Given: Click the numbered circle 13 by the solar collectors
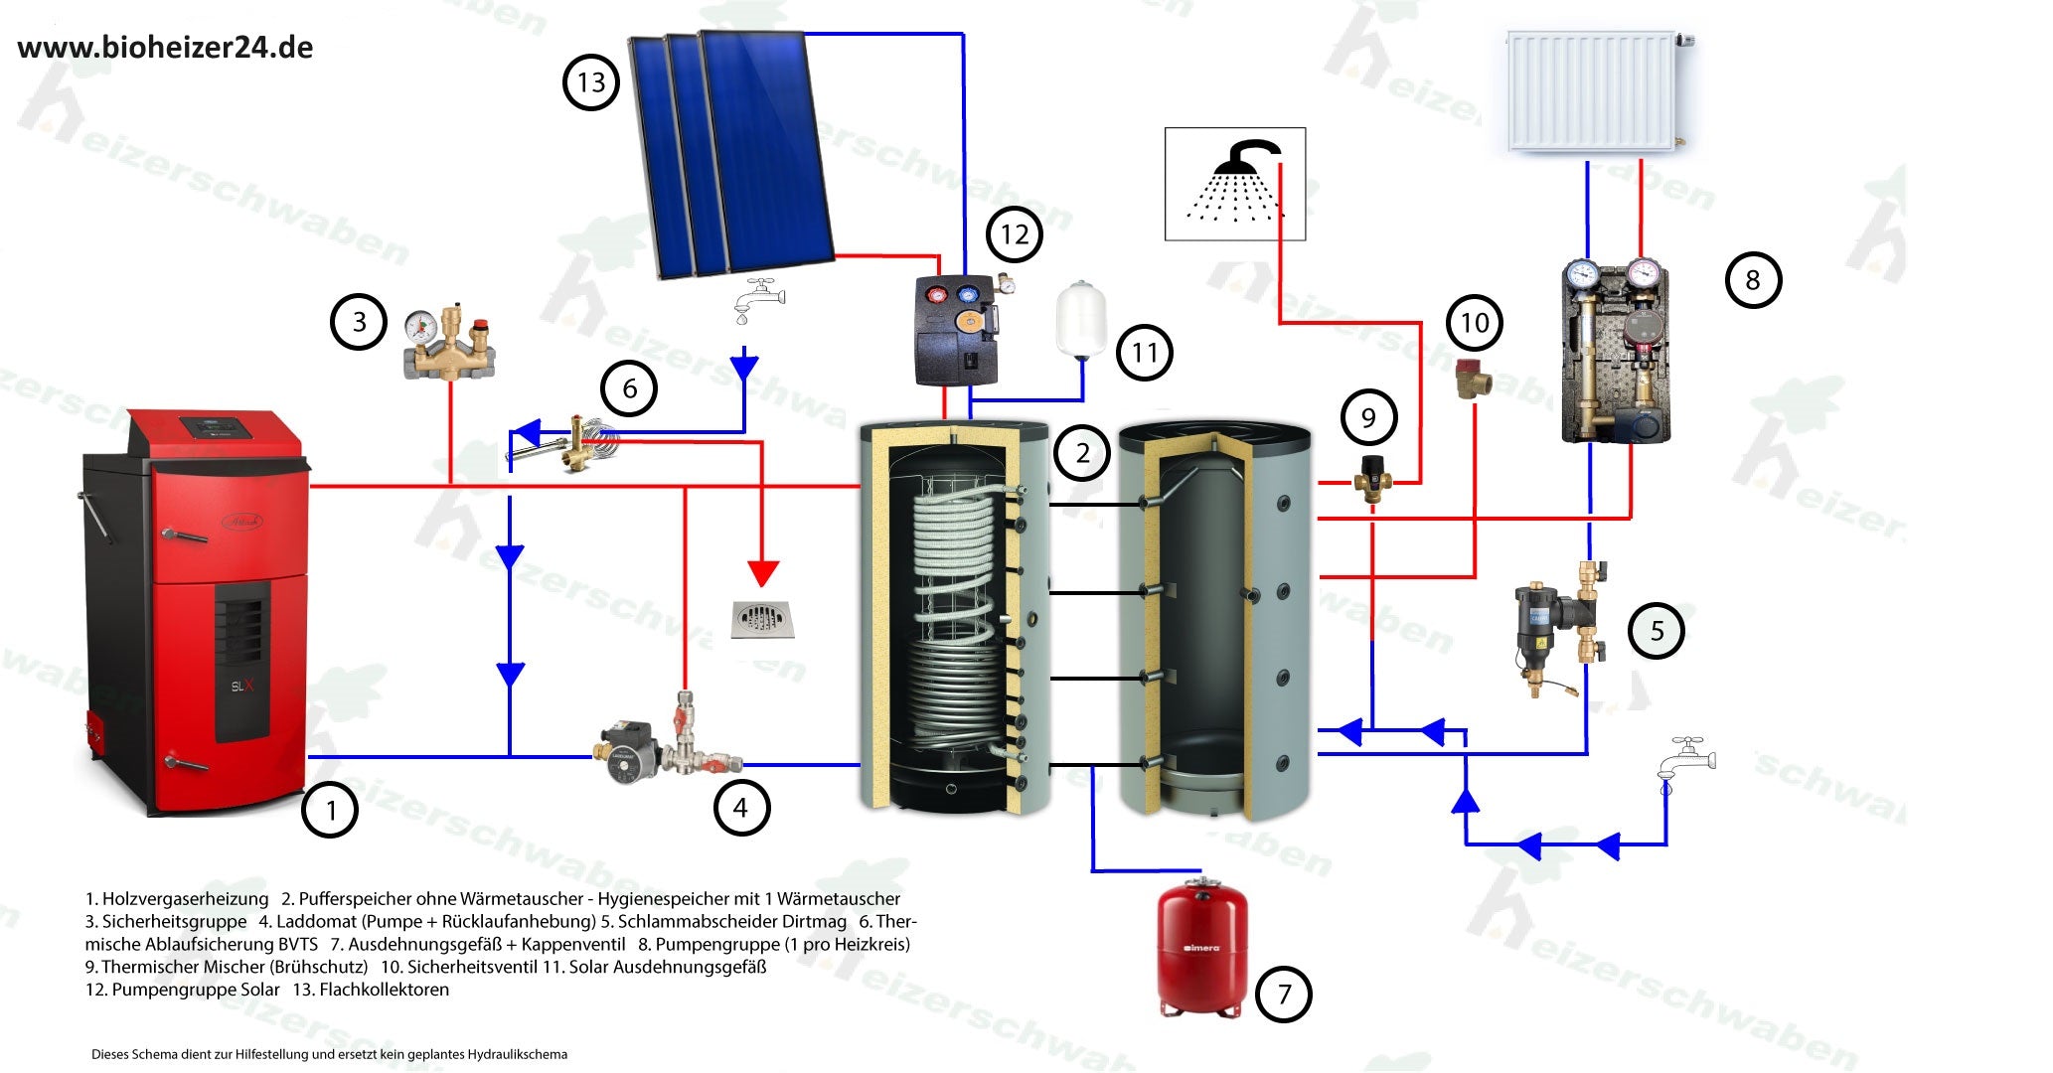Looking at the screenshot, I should coord(591,82).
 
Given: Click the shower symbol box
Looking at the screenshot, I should coord(1235,184).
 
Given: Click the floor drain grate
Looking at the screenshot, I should coord(762,619).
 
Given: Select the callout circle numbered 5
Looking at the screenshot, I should coord(1657,631).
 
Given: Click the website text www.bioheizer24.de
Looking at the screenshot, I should coord(166,48).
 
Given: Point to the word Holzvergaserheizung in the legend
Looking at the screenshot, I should coord(185,899).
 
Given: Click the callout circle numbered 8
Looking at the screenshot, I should coord(1753,280).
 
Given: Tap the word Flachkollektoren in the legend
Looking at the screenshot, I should coord(384,990).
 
